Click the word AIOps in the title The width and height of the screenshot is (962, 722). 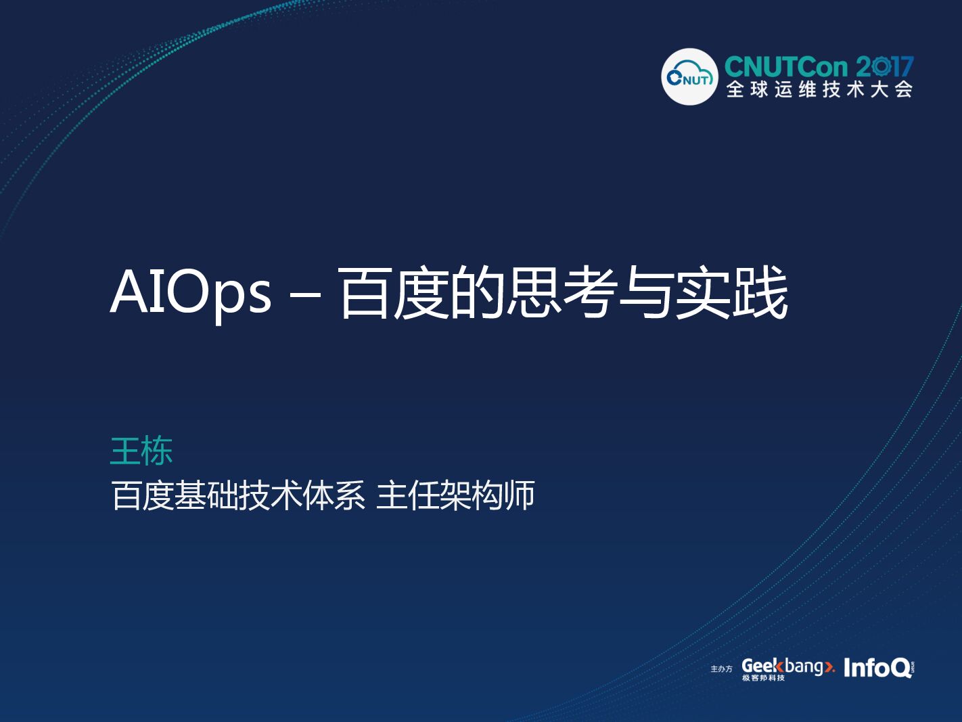tap(191, 293)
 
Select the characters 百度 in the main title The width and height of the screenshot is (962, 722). tap(392, 293)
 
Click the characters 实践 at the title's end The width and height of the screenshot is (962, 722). tap(731, 293)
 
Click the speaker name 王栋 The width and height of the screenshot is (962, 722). tap(141, 451)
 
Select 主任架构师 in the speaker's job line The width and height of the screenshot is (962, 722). tap(455, 495)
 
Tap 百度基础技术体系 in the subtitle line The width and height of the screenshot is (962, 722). tap(238, 495)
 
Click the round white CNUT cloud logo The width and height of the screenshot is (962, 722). tap(689, 77)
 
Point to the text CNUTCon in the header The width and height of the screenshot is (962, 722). tap(786, 67)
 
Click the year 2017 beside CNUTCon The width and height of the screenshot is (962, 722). tap(885, 67)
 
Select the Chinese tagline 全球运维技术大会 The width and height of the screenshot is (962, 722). tap(819, 89)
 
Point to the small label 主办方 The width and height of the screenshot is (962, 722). tap(721, 669)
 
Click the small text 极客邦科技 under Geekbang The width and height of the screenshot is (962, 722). tap(763, 678)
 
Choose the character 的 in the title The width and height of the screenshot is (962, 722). tap(477, 293)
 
